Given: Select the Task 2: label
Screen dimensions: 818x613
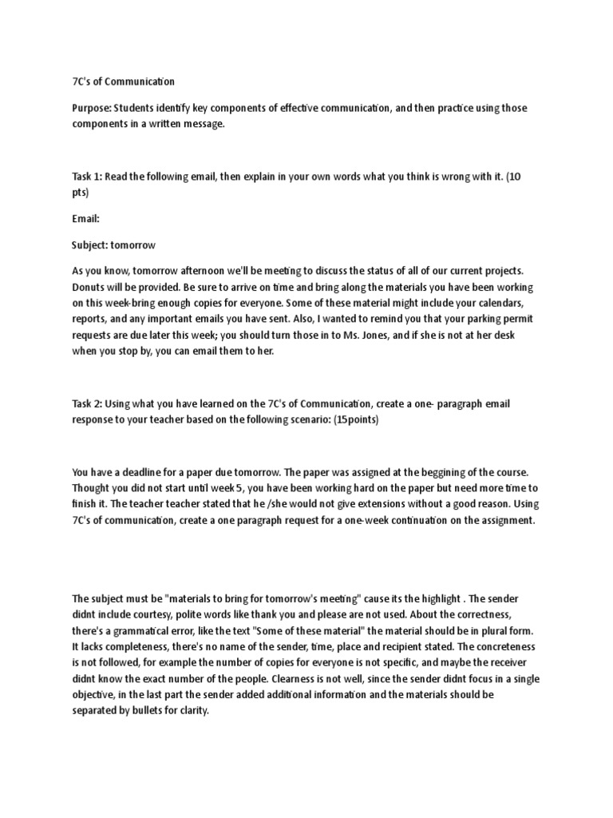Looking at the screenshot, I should pos(87,404).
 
